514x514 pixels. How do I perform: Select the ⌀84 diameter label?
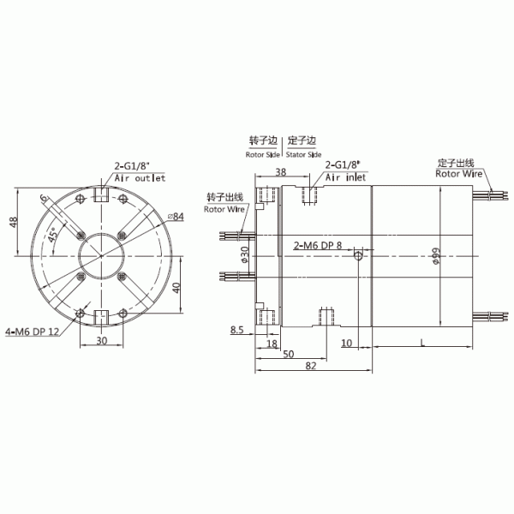point(177,217)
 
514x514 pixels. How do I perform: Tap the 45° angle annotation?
point(53,234)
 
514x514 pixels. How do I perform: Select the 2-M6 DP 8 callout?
point(317,245)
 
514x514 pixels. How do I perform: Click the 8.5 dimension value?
point(237,328)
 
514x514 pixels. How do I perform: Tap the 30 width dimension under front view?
point(100,341)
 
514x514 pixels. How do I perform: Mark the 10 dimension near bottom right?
point(346,343)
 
